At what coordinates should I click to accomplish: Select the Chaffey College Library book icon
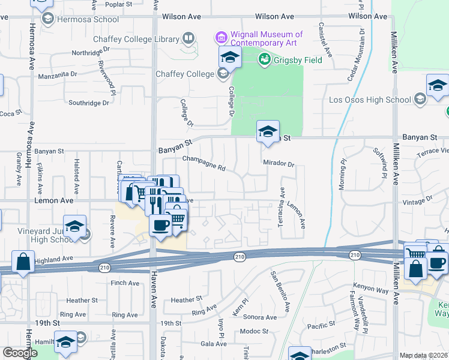[x=188, y=40]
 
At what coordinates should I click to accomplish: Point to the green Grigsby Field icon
[x=264, y=59]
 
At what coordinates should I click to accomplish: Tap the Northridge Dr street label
[x=88, y=53]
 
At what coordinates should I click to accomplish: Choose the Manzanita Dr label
[x=58, y=74]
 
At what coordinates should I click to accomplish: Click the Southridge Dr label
[x=89, y=103]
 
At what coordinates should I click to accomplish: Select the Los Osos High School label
[x=370, y=99]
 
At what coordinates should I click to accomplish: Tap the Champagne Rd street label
[x=203, y=164]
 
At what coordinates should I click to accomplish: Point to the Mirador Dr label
[x=279, y=164]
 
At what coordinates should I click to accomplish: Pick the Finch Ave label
[x=125, y=283]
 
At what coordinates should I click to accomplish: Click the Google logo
[x=20, y=353]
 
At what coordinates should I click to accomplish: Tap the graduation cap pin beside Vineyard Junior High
[x=74, y=227]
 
